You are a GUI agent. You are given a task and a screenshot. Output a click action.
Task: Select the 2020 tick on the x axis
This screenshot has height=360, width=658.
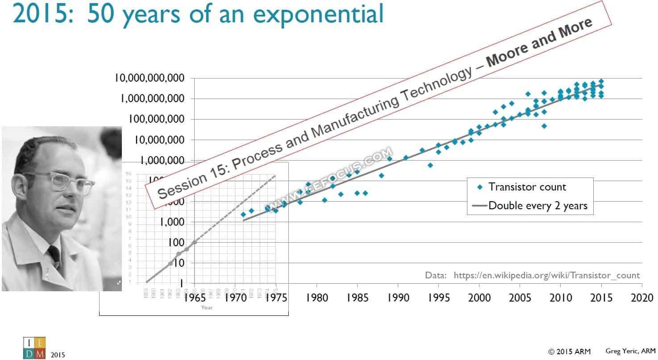click(642, 298)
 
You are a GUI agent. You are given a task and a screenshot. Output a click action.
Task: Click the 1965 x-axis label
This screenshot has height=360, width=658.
click(195, 298)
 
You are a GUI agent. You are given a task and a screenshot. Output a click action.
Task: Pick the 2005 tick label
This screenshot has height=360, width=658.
click(520, 298)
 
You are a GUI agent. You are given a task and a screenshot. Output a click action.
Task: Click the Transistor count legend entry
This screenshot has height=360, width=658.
click(527, 187)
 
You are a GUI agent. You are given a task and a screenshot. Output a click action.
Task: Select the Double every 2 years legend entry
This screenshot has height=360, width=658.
click(537, 206)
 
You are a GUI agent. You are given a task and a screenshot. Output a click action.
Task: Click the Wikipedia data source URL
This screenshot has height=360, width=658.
click(546, 275)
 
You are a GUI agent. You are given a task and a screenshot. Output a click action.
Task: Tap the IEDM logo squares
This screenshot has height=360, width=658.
click(34, 348)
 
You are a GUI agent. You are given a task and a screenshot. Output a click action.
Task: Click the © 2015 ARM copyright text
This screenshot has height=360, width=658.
click(569, 352)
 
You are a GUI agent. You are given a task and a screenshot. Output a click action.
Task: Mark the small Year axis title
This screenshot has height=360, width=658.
click(207, 307)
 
